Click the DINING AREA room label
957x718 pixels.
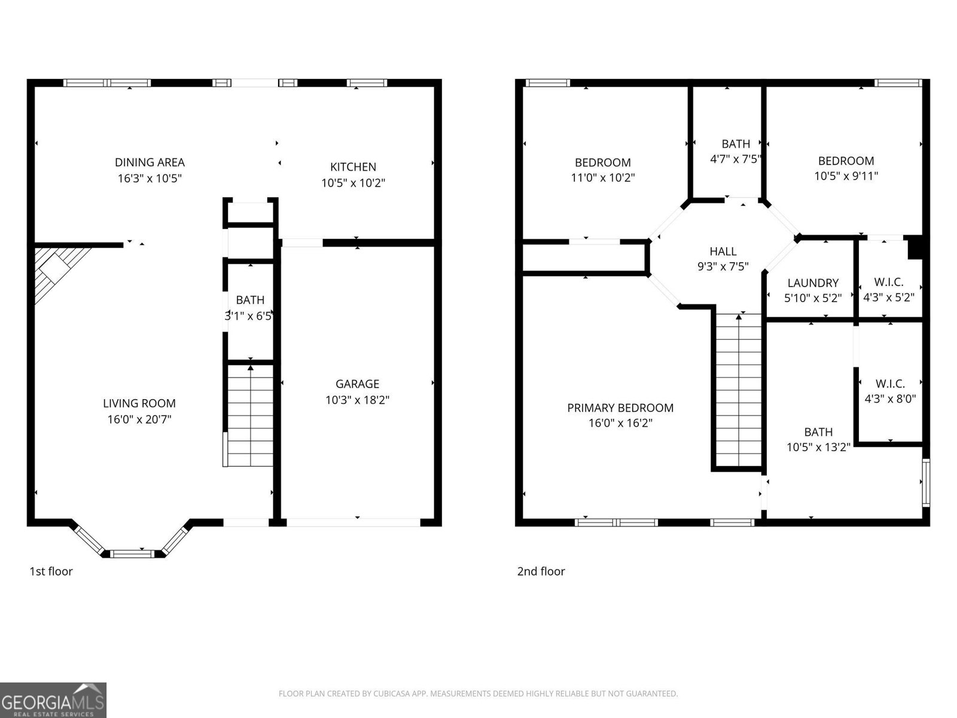[x=150, y=162]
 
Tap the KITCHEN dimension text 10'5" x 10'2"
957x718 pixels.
[x=353, y=182]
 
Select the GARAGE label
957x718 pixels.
[x=357, y=384]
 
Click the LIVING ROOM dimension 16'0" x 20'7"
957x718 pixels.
[x=139, y=419]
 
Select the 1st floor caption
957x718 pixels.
[x=51, y=571]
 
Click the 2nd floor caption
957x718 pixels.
[x=541, y=571]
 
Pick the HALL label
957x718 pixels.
[x=723, y=251]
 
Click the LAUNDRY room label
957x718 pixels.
[x=812, y=283]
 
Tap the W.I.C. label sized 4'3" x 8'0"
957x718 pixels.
[x=890, y=384]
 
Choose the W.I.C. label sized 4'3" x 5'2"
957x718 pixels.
[x=888, y=282]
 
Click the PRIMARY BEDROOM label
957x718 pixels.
[x=620, y=408]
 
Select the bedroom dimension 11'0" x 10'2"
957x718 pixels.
[x=602, y=178]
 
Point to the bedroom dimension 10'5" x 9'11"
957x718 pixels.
[x=846, y=176]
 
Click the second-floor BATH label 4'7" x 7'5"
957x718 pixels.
[x=736, y=144]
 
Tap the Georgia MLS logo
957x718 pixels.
[x=53, y=700]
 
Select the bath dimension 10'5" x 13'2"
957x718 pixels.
[x=818, y=447]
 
